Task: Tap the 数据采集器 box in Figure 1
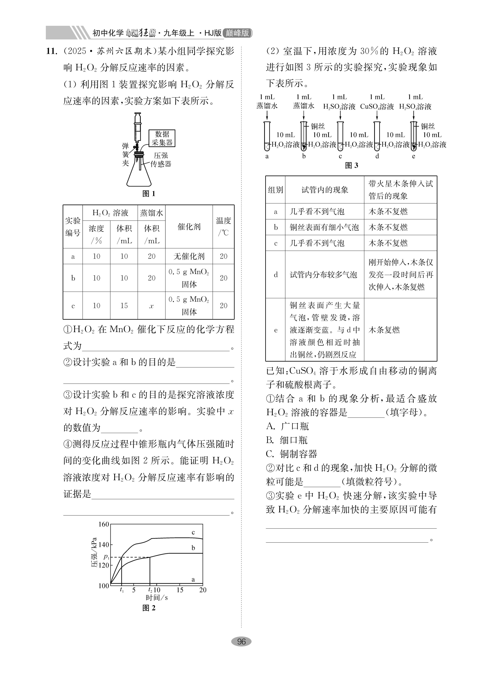click(162, 138)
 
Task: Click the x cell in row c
click(151, 305)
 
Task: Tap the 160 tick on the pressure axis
click(104, 524)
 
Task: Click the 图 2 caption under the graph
click(149, 607)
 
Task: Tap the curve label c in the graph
click(193, 532)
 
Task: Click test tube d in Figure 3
click(377, 137)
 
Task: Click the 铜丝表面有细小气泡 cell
click(324, 227)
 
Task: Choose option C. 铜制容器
click(292, 454)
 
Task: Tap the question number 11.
click(51, 51)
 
